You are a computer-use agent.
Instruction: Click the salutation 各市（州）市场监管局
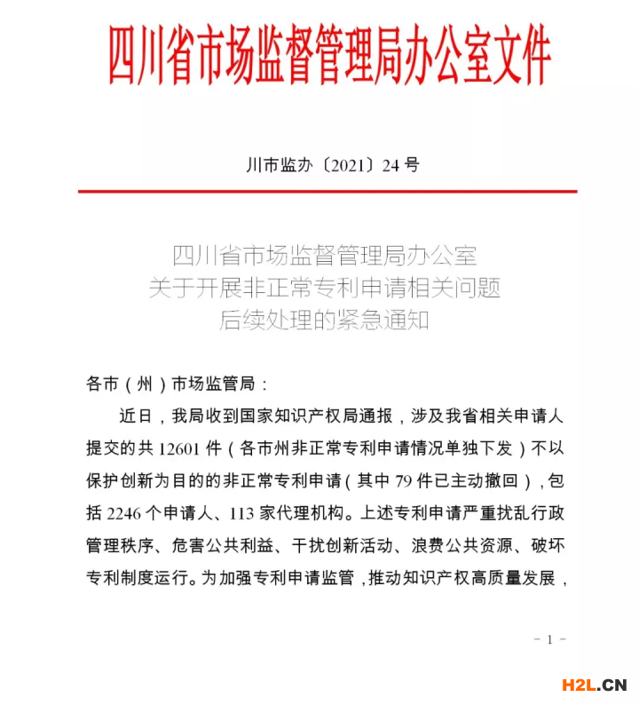177,384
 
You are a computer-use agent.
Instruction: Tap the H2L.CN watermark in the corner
594,684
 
